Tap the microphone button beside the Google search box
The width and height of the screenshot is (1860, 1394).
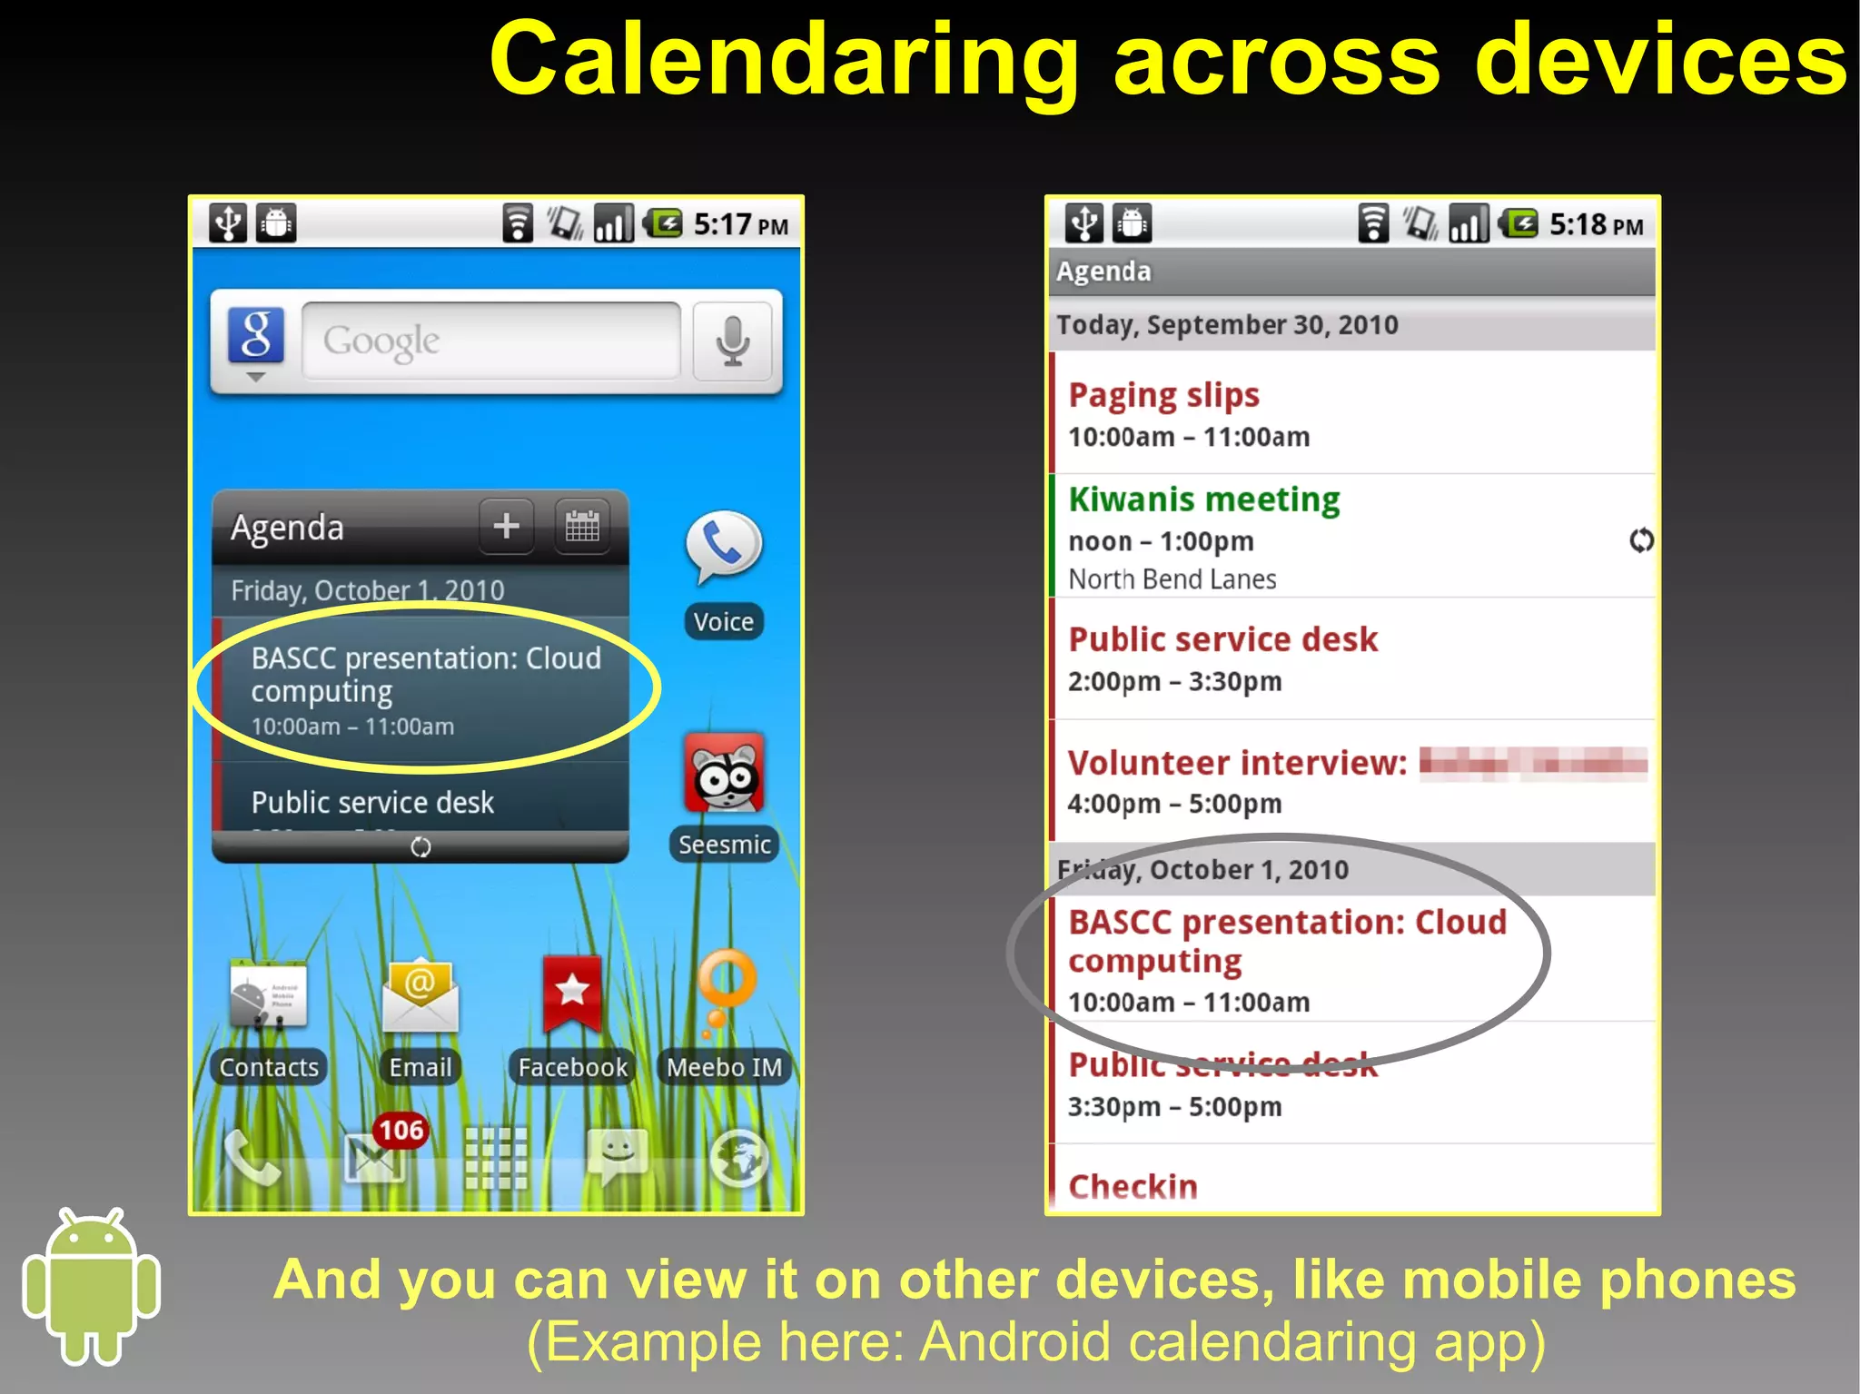[x=732, y=341]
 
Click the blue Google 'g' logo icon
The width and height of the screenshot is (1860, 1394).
[x=255, y=336]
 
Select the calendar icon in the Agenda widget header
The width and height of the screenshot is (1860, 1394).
[x=582, y=526]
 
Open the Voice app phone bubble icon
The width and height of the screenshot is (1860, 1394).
[x=723, y=546]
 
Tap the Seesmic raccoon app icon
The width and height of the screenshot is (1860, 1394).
[x=725, y=774]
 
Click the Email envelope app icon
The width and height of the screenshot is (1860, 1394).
[x=420, y=995]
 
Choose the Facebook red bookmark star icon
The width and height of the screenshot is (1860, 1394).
[x=572, y=993]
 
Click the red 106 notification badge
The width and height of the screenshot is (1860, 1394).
[x=401, y=1130]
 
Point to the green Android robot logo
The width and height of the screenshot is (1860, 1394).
[x=91, y=1285]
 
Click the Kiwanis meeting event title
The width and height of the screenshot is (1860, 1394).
[x=1203, y=499]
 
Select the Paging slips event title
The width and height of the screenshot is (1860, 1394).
[x=1163, y=395]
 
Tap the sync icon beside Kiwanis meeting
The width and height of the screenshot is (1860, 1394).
[x=1640, y=540]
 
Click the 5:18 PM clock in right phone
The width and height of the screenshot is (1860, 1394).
[x=1596, y=224]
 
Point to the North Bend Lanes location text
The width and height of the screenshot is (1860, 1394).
[x=1172, y=579]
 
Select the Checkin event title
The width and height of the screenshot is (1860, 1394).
[x=1133, y=1186]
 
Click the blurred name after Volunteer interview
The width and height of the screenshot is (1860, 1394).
[x=1533, y=763]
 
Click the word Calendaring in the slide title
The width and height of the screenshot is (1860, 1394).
[x=783, y=60]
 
